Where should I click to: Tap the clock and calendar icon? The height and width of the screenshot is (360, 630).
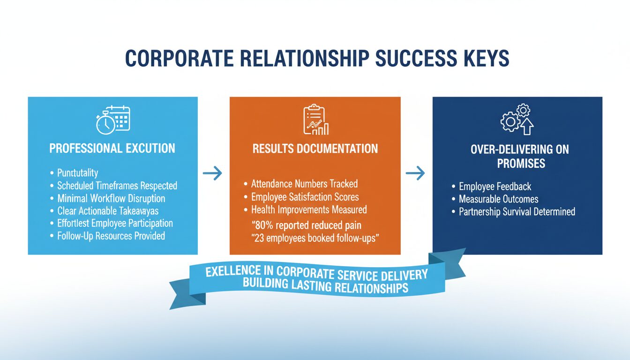click(x=113, y=119)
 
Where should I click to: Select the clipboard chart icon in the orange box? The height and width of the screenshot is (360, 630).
click(x=315, y=120)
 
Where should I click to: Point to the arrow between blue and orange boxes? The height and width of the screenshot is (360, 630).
click(x=213, y=174)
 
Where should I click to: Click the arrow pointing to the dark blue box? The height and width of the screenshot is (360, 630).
click(x=415, y=174)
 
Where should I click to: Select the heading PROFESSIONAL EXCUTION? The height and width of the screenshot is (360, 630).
click(x=112, y=149)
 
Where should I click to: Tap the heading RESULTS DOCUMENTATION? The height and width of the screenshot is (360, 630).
click(x=315, y=149)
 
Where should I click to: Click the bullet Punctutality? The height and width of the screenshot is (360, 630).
click(x=77, y=173)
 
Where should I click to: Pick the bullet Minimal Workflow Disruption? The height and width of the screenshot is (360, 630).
click(x=111, y=198)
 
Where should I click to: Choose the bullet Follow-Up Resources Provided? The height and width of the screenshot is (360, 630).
click(x=111, y=236)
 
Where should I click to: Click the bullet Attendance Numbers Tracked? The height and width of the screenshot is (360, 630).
click(x=304, y=184)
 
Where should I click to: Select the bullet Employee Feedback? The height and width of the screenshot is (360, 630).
click(x=495, y=187)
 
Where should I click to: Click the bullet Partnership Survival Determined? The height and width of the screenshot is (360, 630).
click(x=517, y=211)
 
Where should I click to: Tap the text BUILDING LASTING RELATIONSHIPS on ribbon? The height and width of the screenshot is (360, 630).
click(x=325, y=286)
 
